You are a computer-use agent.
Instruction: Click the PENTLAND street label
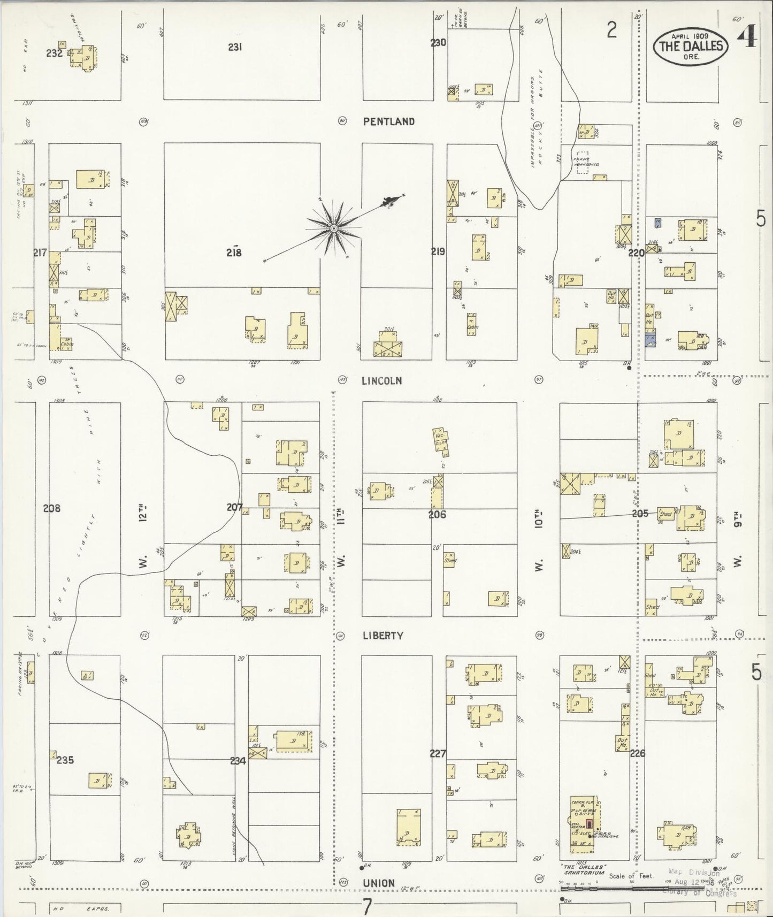pos(388,121)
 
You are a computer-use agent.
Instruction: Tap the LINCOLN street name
pos(381,381)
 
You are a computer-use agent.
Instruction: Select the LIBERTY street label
pos(382,636)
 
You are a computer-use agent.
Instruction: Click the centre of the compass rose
pos(334,228)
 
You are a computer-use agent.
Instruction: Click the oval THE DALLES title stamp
pos(691,47)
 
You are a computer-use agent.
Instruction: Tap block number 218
pos(234,253)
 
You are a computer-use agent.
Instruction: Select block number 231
pos(235,47)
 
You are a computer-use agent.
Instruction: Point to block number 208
pos(52,508)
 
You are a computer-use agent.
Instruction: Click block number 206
pos(437,515)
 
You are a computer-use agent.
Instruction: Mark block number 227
pos(438,754)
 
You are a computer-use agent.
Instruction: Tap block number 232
pos(55,53)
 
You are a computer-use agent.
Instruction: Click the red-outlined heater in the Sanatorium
pos(590,824)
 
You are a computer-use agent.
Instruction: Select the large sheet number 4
pos(747,37)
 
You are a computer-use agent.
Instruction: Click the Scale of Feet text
pos(631,876)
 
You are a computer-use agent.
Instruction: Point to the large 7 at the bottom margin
pos(367,906)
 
